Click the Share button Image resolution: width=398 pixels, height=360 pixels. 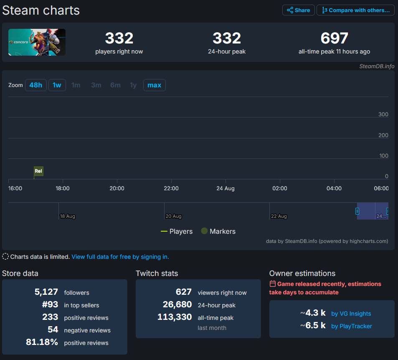[x=298, y=10]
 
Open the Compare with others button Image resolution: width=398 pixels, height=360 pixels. [x=355, y=10]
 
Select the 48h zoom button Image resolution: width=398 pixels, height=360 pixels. [x=36, y=85]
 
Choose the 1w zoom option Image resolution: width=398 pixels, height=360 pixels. [x=57, y=85]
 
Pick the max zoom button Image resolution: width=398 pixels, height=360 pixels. [x=154, y=85]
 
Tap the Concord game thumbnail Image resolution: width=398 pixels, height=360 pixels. [x=37, y=42]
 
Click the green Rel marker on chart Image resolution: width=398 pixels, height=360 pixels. [x=38, y=171]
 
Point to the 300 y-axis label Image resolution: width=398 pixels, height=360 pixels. [x=383, y=115]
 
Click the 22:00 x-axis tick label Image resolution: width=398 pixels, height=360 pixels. [x=171, y=189]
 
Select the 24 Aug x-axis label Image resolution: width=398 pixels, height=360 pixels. [x=225, y=189]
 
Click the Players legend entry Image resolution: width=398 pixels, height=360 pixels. [x=177, y=231]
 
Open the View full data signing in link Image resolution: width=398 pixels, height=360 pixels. [x=120, y=257]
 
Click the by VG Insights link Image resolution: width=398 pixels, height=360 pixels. [x=351, y=314]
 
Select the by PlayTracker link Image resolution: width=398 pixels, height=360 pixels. [x=351, y=326]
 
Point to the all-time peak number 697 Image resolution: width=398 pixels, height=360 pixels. [x=334, y=38]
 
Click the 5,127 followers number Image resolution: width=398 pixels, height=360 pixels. [x=46, y=292]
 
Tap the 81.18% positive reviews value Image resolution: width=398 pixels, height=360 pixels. [x=42, y=342]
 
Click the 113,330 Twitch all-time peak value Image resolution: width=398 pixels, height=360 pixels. [x=175, y=317]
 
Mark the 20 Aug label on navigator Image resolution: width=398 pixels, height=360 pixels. [x=173, y=216]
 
